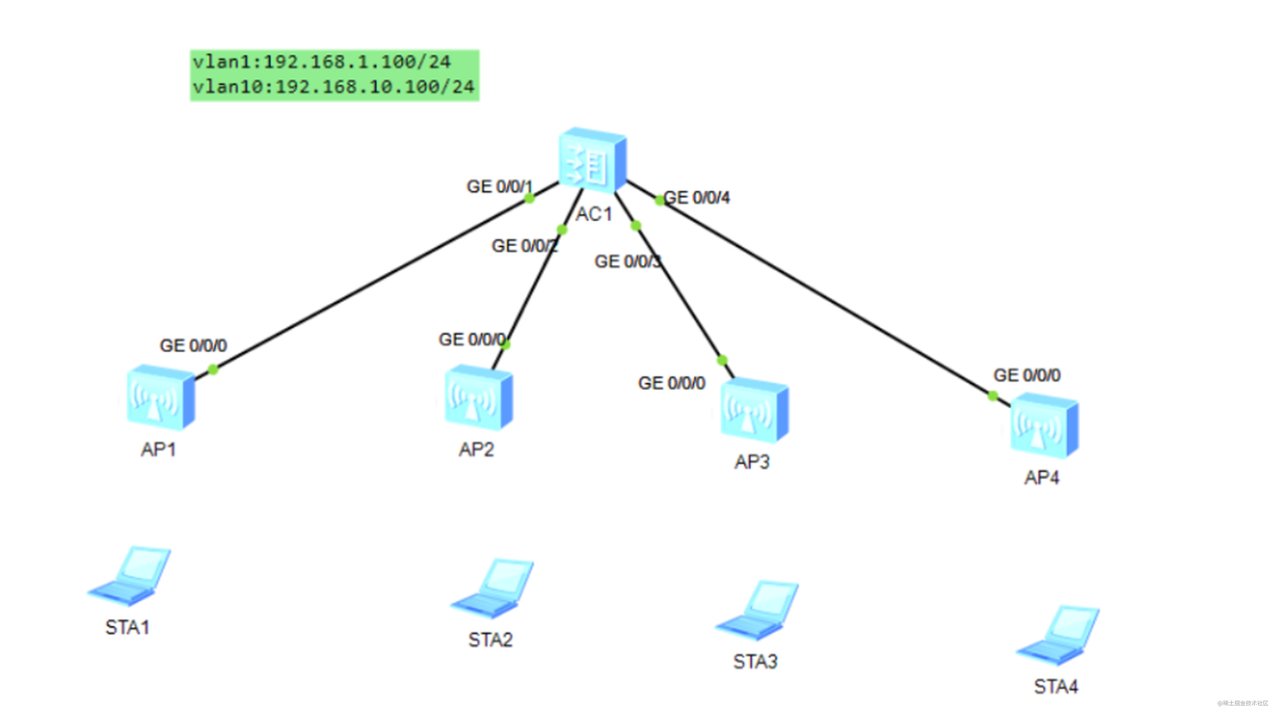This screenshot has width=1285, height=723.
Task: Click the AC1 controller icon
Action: pyautogui.click(x=593, y=160)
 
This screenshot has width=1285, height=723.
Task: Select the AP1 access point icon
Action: pyautogui.click(x=161, y=397)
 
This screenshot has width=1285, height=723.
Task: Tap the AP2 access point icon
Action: pyautogui.click(x=479, y=397)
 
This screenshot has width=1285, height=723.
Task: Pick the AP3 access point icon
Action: pyautogui.click(x=754, y=410)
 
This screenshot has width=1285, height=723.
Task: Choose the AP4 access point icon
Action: pyautogui.click(x=1044, y=425)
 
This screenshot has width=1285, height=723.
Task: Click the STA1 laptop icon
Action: pyautogui.click(x=129, y=576)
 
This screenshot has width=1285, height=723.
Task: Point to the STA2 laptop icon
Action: pyautogui.click(x=492, y=588)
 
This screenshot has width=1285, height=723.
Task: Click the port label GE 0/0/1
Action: pyautogui.click(x=500, y=187)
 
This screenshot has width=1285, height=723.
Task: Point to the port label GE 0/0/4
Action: pyautogui.click(x=697, y=197)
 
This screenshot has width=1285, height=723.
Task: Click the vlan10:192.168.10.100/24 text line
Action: pyautogui.click(x=333, y=87)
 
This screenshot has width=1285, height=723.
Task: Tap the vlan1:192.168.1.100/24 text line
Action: pyautogui.click(x=322, y=62)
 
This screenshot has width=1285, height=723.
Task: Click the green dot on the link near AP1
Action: pyautogui.click(x=213, y=369)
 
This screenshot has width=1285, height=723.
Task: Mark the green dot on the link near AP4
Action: pyautogui.click(x=993, y=396)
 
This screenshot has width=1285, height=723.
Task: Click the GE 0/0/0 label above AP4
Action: pyautogui.click(x=1027, y=375)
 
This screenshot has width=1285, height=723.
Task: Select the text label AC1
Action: pyautogui.click(x=594, y=214)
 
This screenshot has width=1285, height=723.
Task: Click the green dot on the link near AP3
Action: pyautogui.click(x=722, y=360)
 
